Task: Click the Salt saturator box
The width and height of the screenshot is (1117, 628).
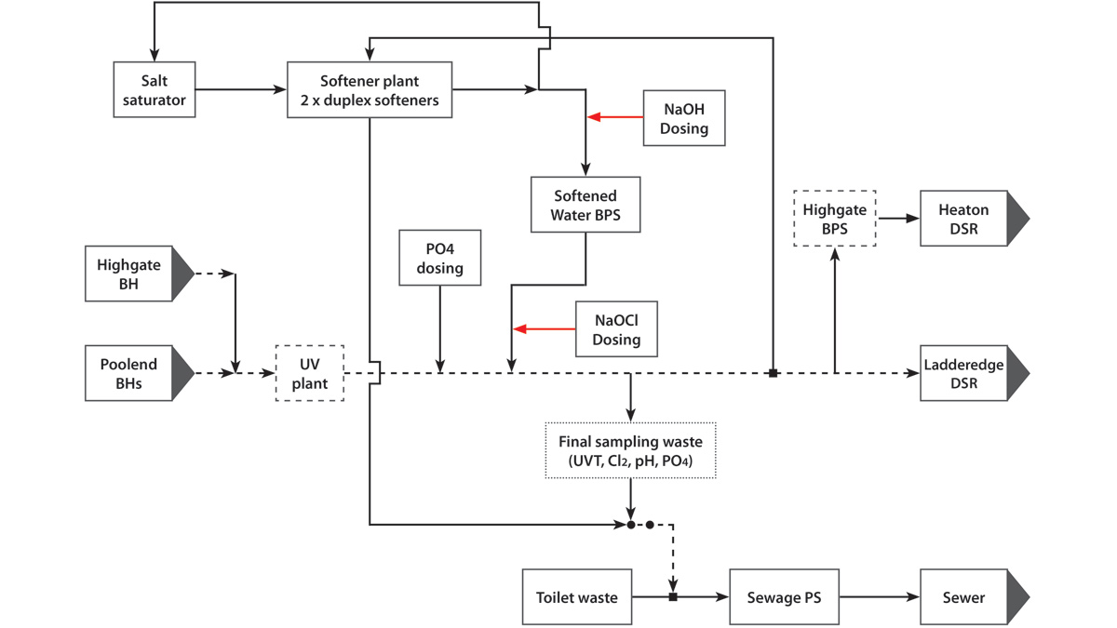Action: (155, 90)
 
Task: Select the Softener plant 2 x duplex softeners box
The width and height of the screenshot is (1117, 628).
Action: (370, 90)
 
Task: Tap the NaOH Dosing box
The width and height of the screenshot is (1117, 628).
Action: (684, 118)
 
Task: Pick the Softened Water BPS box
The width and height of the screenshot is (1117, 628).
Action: (585, 206)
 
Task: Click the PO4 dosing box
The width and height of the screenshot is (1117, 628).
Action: (439, 258)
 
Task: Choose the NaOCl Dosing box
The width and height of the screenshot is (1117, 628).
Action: (616, 328)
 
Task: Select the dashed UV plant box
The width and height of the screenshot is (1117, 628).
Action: (310, 373)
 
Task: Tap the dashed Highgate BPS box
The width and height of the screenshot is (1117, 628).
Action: (834, 219)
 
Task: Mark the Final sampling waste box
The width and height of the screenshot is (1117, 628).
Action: (630, 451)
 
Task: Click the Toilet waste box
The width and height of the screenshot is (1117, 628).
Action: (577, 596)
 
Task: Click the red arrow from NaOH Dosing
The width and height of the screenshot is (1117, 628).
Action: (615, 118)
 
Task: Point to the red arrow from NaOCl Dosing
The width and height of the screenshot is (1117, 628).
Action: (545, 328)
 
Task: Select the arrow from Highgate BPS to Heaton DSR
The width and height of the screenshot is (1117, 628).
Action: (897, 219)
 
